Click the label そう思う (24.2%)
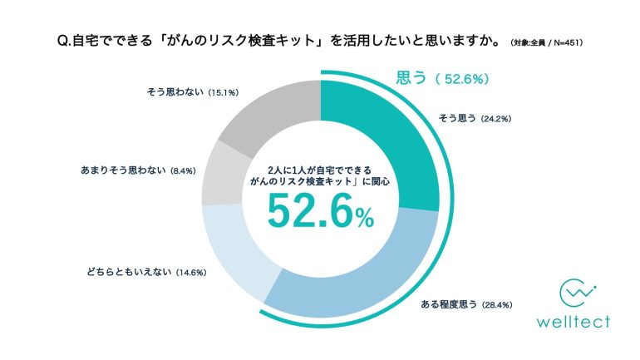point(474,118)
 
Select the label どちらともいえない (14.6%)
point(145,272)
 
